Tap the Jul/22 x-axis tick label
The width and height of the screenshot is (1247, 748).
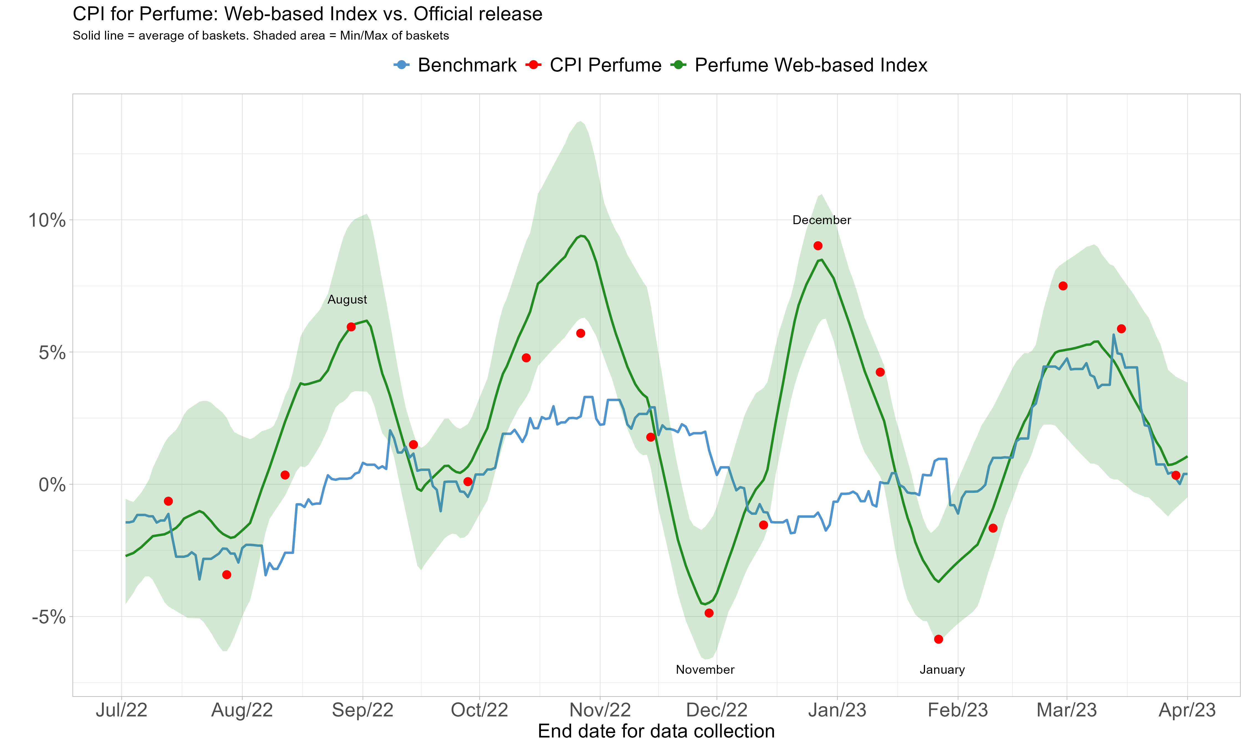pyautogui.click(x=121, y=710)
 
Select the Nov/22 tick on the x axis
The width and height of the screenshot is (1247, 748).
pyautogui.click(x=600, y=710)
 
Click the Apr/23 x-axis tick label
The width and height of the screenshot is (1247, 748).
pyautogui.click(x=1187, y=710)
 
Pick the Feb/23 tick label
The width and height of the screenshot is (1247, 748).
pyautogui.click(x=958, y=710)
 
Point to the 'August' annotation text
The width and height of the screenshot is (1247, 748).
pyautogui.click(x=347, y=299)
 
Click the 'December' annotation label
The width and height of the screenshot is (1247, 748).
pyautogui.click(x=822, y=220)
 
